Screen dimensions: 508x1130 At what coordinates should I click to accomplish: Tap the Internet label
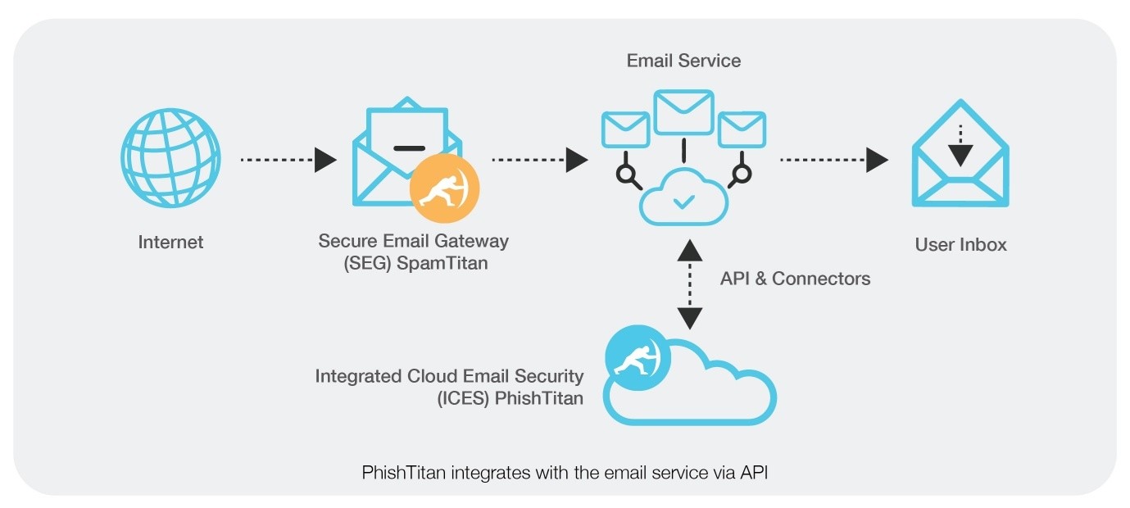(x=170, y=243)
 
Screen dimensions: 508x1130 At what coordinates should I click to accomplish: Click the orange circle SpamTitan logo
(x=444, y=190)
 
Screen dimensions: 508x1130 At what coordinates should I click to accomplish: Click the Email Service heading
(x=683, y=61)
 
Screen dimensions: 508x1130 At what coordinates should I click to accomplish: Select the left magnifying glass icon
(x=628, y=174)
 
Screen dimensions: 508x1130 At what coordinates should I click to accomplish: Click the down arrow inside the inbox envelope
(x=960, y=147)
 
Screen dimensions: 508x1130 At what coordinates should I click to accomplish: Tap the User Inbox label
(x=960, y=244)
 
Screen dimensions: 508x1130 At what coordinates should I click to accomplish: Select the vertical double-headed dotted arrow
(x=690, y=283)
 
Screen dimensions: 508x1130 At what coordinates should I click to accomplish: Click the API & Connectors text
(x=795, y=279)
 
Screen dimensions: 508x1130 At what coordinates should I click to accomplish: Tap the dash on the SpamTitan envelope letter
(x=409, y=148)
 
